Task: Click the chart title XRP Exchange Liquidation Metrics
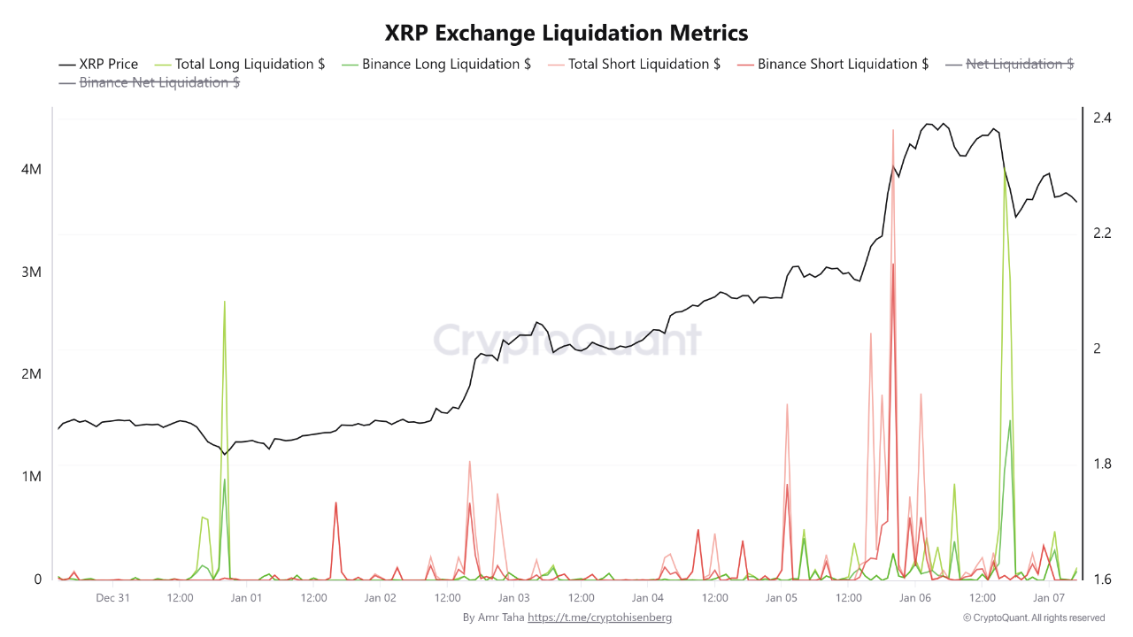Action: coord(566,33)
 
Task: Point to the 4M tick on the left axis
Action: coord(31,169)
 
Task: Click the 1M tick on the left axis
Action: coord(31,477)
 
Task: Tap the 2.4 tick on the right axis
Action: coord(1102,118)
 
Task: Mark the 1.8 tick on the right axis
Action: coord(1102,464)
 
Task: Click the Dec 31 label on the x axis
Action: coord(112,598)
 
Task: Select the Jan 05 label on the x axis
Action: coord(782,598)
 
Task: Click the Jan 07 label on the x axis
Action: coord(1049,598)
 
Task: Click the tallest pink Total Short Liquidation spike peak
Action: coord(893,130)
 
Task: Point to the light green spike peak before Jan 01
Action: coord(225,303)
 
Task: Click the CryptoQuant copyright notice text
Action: coord(1033,618)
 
